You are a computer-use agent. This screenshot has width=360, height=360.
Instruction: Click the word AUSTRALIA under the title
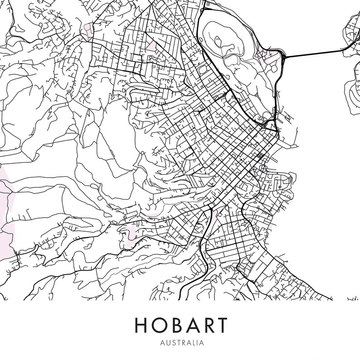(x=180, y=343)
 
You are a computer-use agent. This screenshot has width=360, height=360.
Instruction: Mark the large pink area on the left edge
(x=6, y=213)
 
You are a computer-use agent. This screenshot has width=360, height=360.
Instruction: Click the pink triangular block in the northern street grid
(x=151, y=46)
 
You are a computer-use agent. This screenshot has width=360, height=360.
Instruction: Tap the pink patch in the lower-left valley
(x=132, y=234)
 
